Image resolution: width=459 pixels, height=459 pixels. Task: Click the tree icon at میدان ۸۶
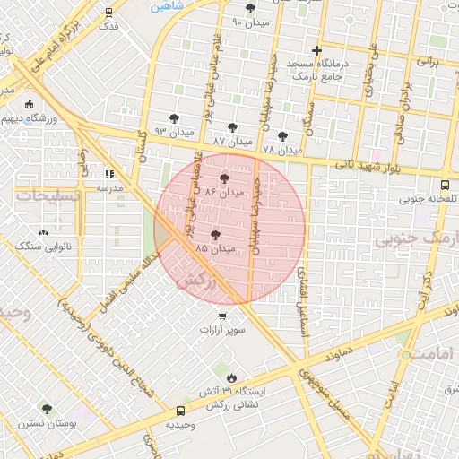224,179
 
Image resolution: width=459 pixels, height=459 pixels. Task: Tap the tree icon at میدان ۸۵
215,235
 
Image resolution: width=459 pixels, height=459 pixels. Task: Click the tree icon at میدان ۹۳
174,118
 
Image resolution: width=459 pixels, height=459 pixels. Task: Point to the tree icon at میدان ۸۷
233,128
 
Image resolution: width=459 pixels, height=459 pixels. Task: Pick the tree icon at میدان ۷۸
283,136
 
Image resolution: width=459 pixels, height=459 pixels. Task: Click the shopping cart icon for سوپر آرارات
222,316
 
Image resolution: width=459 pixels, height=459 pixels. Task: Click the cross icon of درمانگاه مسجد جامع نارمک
316,51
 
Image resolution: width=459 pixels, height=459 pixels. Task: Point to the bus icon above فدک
108,13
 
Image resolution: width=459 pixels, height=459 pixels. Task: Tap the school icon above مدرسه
109,174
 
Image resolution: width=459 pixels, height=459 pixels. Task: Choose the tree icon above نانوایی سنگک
44,231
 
